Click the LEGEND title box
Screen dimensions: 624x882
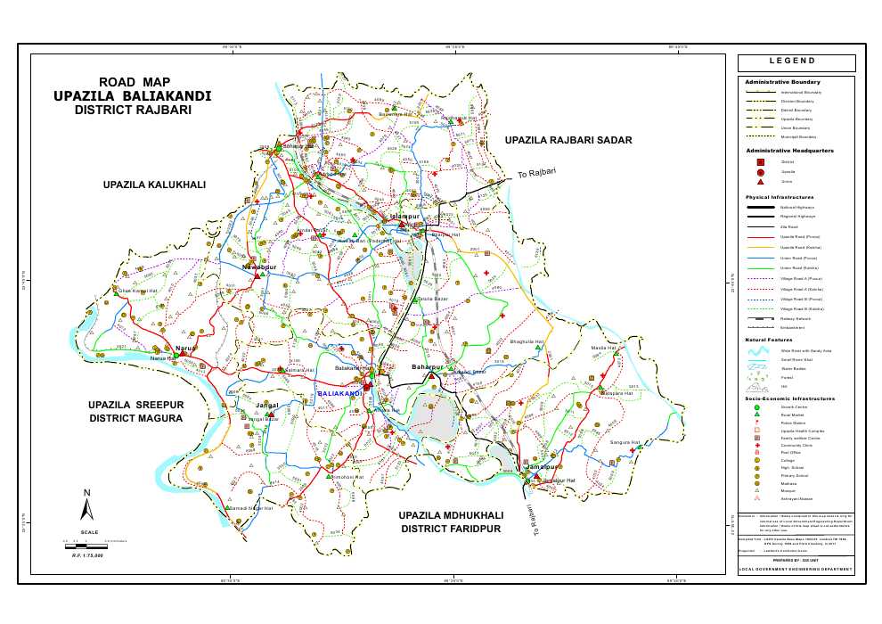[x=796, y=62]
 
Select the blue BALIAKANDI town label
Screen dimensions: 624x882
[x=339, y=393]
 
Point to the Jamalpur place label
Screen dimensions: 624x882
[x=541, y=467]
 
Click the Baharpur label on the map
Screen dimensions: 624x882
[x=427, y=367]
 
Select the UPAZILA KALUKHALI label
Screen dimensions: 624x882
[x=154, y=185]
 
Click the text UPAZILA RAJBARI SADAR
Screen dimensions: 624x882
[x=568, y=140]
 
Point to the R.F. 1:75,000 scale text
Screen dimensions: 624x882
[x=87, y=554]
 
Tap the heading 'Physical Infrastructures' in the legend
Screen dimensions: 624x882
[x=780, y=197]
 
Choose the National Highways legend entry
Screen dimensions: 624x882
[x=797, y=207]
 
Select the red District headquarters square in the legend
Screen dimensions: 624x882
[x=760, y=162]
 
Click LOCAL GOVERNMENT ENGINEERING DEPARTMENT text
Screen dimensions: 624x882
[x=796, y=569]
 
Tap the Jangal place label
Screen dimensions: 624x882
[x=267, y=406]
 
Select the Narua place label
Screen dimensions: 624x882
[x=185, y=348]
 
